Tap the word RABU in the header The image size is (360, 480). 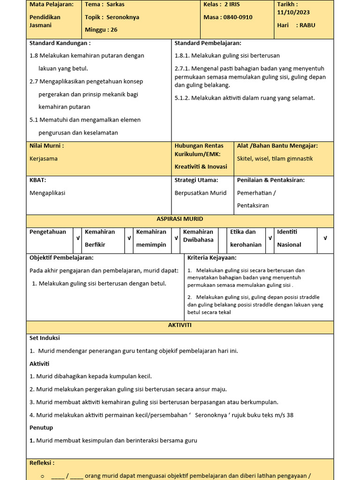tap(307, 25)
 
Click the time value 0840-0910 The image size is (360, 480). tap(239, 17)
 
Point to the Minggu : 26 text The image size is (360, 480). tap(101, 30)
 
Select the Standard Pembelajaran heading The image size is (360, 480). tap(208, 43)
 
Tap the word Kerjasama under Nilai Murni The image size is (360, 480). tap(44, 158)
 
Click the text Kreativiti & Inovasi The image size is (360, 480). tap(201, 166)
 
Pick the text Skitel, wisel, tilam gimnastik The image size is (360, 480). tap(275, 158)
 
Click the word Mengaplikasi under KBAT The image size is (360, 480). tap(47, 193)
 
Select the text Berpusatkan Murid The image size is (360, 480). tap(200, 193)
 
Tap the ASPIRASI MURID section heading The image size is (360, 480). tap(180, 219)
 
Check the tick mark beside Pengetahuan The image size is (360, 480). tap(78, 238)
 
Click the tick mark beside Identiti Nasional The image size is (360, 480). tap(325, 238)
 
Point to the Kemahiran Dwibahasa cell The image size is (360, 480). tap(198, 236)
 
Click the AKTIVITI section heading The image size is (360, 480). tap(180, 325)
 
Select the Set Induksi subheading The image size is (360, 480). tap(45, 337)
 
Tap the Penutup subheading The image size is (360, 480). tap(41, 427)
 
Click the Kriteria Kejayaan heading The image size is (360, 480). tap(212, 257)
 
